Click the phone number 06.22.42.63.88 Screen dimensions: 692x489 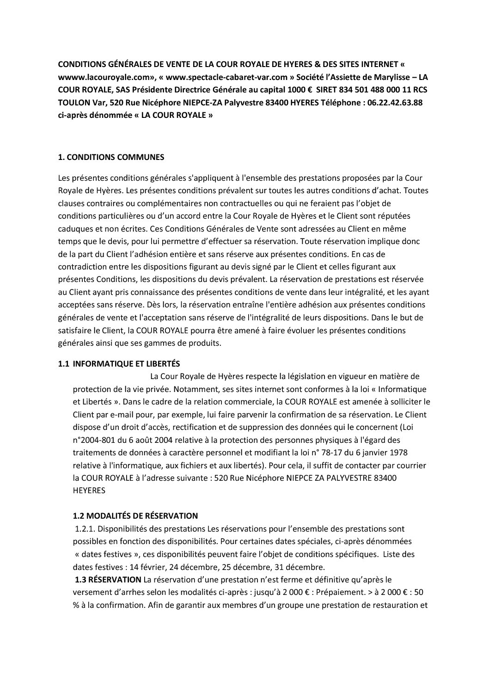(x=396, y=103)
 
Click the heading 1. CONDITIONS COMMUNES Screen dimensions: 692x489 (x=111, y=157)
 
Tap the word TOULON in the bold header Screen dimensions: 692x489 (x=73, y=103)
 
